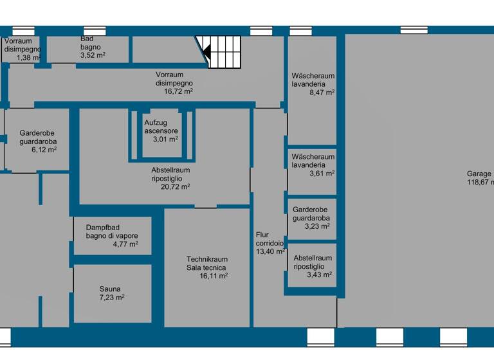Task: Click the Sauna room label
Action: point(110,289)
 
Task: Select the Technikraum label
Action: point(206,259)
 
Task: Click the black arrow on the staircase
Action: point(207,51)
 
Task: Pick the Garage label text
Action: point(479,174)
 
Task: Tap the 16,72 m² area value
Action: point(178,91)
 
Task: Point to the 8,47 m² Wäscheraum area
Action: point(321,93)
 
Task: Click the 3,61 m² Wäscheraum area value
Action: point(321,174)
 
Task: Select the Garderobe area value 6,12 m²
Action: point(44,149)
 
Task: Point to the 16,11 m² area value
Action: point(214,276)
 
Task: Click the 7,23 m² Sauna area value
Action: point(111,298)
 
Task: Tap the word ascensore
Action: point(161,130)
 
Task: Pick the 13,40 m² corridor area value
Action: point(270,252)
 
